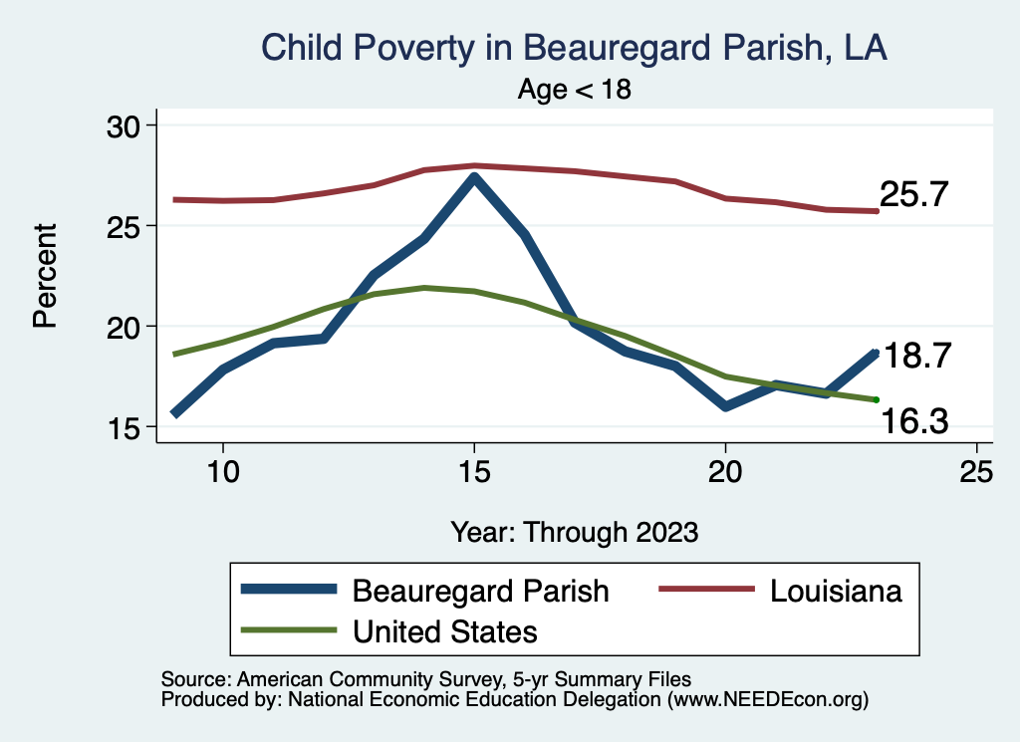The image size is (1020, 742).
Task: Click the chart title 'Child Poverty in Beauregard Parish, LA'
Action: (574, 48)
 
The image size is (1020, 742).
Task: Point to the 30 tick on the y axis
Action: (126, 125)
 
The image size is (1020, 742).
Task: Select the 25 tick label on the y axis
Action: (126, 226)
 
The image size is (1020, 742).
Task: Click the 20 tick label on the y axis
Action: (126, 327)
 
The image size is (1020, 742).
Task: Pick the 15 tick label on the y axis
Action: (126, 427)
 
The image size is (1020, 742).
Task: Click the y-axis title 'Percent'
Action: (45, 276)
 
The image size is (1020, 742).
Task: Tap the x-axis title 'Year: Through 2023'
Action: (574, 531)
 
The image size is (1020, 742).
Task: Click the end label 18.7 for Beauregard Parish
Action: (918, 356)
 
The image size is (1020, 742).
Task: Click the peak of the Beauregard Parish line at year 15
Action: (474, 178)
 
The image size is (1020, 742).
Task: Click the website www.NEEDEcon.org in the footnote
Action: (766, 700)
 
